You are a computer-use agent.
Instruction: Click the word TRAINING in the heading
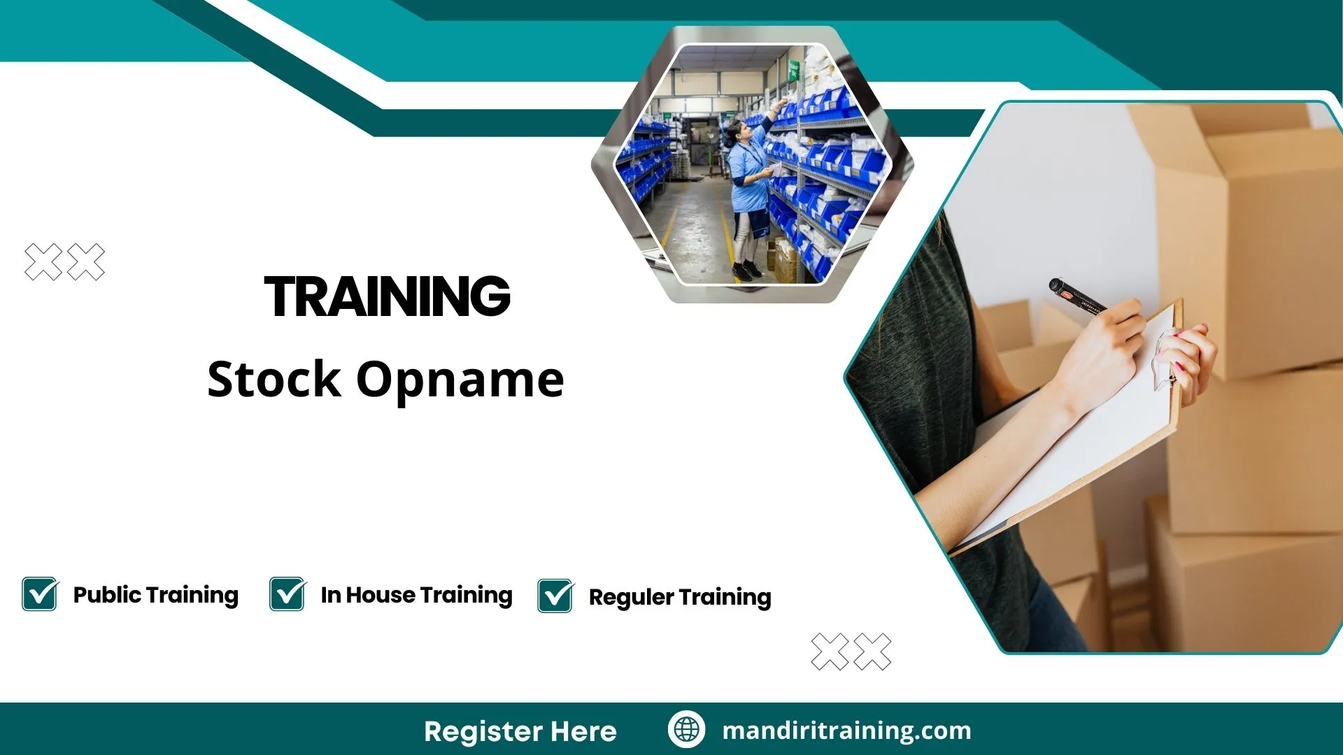(387, 296)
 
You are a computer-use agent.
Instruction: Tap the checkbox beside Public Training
(40, 594)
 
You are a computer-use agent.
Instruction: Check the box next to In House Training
(287, 594)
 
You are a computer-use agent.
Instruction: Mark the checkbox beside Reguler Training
(555, 596)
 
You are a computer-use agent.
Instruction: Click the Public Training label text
(155, 595)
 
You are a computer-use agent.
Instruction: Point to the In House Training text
(416, 595)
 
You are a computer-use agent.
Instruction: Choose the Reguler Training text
(680, 597)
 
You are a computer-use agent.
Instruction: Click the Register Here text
(520, 731)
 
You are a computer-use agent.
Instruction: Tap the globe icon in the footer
(686, 730)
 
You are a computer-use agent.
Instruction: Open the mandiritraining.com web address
(846, 731)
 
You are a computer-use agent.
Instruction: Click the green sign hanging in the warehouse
(795, 71)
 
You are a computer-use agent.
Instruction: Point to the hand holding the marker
(1105, 350)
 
